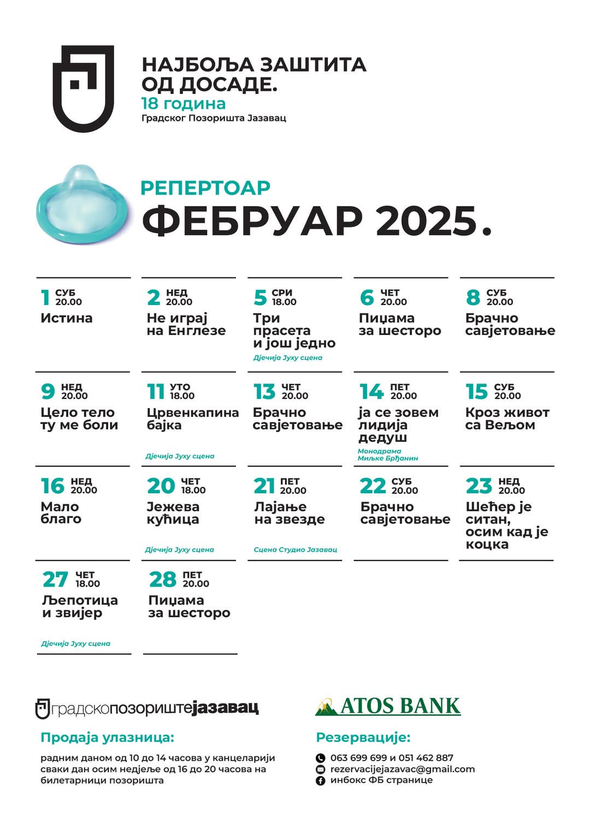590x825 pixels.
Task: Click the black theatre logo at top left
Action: point(83,88)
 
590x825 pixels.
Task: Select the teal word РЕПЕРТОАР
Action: point(205,188)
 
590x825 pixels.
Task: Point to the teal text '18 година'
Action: point(183,104)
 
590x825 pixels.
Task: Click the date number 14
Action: point(371,391)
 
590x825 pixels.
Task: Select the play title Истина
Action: point(67,318)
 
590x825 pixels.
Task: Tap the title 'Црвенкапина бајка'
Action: point(192,419)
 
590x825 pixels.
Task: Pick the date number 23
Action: point(479,486)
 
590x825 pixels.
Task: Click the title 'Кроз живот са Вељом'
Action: point(507,419)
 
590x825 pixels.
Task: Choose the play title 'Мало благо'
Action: point(61,513)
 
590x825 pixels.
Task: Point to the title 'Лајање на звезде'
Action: point(290,513)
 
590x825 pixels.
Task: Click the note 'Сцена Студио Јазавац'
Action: point(295,549)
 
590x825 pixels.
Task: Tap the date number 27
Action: point(55,579)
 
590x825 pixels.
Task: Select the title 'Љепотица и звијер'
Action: point(80,606)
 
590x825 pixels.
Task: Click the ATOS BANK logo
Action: point(388,706)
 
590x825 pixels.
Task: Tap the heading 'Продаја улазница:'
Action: point(107,738)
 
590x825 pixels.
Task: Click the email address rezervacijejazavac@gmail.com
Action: point(403,769)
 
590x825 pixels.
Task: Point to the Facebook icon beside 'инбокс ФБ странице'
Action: point(321,780)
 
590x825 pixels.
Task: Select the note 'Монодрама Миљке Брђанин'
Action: point(388,455)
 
